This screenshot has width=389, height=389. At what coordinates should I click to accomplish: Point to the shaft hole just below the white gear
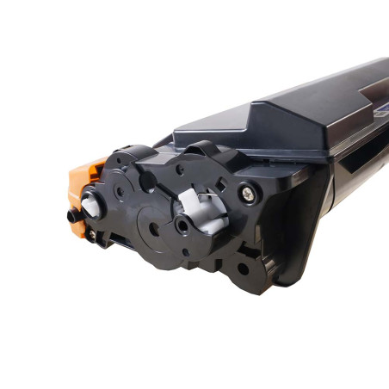[183, 226]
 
